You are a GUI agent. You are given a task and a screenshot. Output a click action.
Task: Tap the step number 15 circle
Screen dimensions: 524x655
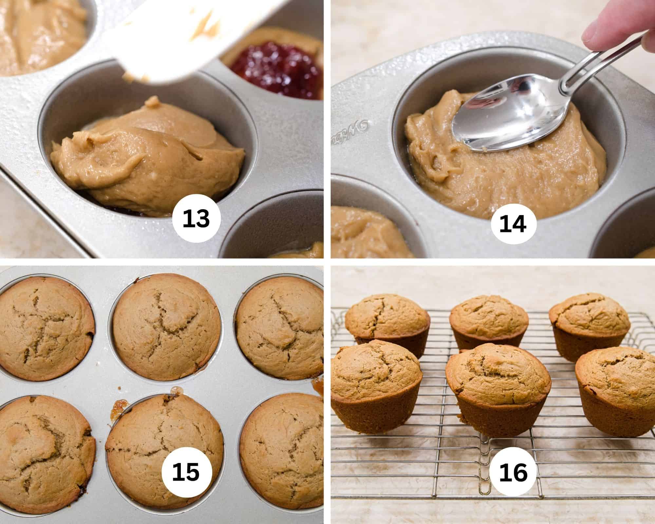(x=186, y=473)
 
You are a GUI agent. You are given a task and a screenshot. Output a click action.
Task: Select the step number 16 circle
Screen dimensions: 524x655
(x=513, y=472)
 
